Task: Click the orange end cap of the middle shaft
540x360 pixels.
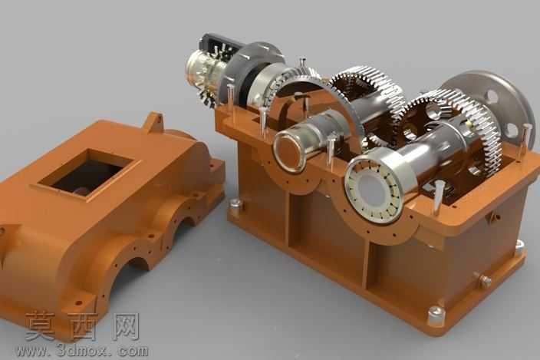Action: click(289, 152)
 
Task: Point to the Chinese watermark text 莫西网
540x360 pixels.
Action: click(82, 326)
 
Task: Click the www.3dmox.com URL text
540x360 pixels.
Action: click(81, 351)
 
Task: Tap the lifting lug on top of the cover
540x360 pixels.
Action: click(154, 121)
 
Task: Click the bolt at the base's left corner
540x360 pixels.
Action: click(236, 205)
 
